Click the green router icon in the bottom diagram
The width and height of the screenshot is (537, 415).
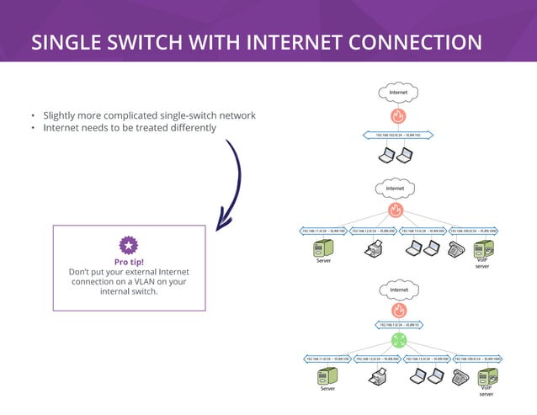click(398, 341)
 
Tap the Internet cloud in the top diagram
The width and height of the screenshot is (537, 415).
click(398, 92)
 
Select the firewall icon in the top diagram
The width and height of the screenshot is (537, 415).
click(398, 115)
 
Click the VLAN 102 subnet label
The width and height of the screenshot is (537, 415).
click(398, 135)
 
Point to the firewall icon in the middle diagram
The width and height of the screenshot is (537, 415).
click(396, 210)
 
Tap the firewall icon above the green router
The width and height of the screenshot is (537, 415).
click(398, 310)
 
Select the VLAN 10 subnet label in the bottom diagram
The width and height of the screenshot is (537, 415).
click(398, 324)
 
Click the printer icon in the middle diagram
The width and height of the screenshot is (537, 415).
click(374, 248)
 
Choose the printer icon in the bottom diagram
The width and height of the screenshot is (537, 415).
click(375, 377)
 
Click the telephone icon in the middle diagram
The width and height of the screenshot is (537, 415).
click(457, 248)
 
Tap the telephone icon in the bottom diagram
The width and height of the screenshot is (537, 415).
click(460, 377)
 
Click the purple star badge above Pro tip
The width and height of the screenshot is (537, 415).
click(128, 245)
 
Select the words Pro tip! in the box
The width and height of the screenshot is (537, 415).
click(128, 261)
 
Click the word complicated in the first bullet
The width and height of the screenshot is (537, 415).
click(151, 115)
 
